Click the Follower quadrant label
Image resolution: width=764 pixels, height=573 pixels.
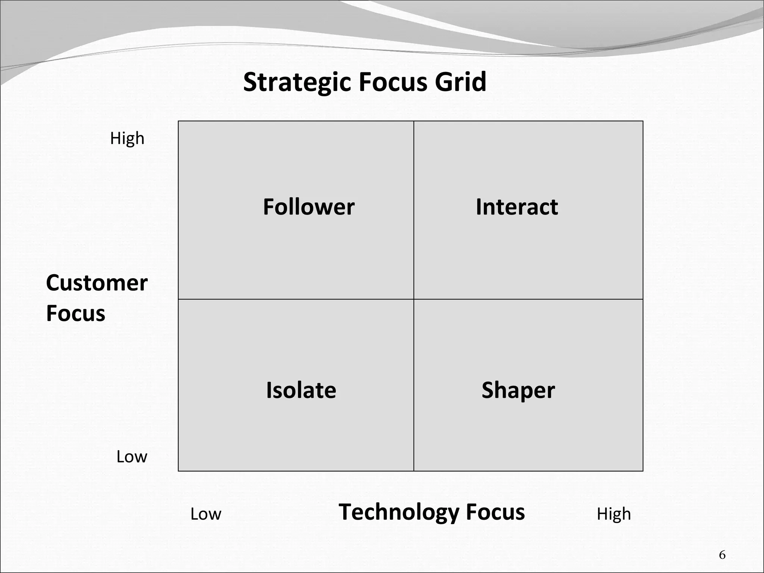point(309,207)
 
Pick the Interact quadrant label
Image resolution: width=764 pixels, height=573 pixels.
point(517,207)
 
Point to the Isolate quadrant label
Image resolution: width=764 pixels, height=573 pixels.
point(301,390)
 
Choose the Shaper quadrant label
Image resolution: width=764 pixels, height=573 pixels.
point(518,390)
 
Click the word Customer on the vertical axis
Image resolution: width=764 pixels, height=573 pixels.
point(97,283)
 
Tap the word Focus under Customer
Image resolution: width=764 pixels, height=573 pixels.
point(76,313)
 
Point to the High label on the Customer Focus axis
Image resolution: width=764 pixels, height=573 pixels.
point(127,138)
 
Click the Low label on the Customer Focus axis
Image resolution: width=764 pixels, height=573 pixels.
point(132,457)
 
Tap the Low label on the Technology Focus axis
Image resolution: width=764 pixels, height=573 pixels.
point(206,514)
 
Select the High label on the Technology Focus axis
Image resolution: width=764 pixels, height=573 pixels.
point(614,514)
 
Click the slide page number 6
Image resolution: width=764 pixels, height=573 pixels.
point(722,555)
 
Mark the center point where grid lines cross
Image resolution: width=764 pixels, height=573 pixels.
point(414,299)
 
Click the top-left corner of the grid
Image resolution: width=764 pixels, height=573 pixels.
point(178,121)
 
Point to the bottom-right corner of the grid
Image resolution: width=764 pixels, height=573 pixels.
point(643,471)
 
